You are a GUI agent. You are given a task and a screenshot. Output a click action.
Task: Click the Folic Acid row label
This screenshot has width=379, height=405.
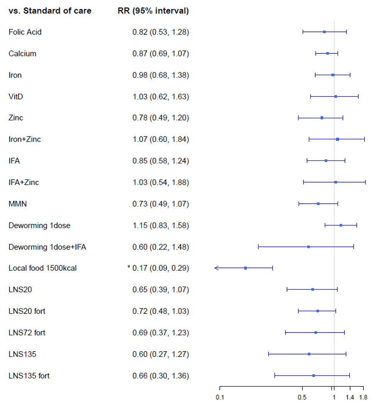(25, 32)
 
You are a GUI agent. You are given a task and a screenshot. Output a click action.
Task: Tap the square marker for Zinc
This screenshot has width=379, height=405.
(322, 118)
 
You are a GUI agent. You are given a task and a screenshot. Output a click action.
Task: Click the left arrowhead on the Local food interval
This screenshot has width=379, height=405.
(216, 268)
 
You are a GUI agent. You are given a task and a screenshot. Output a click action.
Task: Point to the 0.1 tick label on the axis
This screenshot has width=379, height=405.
(220, 398)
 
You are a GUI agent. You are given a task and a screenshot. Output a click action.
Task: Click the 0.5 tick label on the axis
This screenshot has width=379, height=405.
(302, 398)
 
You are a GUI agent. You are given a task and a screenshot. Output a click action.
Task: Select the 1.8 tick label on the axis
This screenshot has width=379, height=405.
(363, 398)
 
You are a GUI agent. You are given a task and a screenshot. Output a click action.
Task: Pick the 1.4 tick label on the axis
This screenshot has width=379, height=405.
(350, 398)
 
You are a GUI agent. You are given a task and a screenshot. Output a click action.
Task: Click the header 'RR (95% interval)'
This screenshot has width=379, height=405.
(153, 11)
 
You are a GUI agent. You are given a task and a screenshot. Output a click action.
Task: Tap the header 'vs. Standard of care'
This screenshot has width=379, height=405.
(50, 11)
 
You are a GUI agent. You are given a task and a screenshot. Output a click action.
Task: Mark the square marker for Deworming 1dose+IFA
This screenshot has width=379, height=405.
(309, 247)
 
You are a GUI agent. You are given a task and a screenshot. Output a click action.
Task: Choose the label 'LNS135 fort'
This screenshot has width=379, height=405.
(29, 376)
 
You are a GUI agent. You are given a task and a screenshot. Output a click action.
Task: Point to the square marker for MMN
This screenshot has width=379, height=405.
(318, 204)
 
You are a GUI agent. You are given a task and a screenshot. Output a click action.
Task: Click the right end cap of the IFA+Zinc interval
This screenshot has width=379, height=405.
(365, 182)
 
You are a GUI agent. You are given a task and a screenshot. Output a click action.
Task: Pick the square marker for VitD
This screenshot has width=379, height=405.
(335, 96)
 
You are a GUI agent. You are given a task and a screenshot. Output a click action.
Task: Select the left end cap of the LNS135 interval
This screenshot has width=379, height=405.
(269, 354)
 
